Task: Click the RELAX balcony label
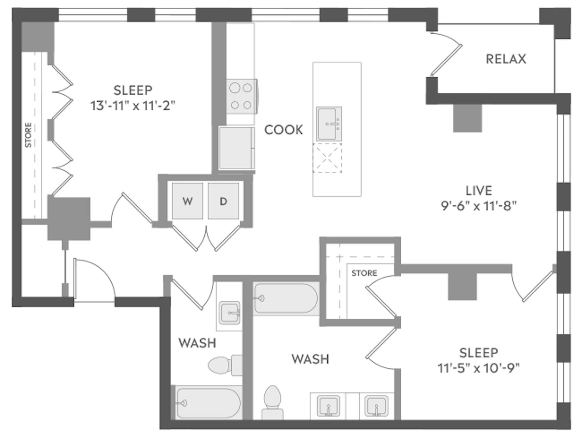(506, 59)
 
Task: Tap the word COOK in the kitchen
(283, 130)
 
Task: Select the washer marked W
(187, 201)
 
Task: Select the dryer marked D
(223, 201)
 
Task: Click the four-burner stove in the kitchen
(241, 96)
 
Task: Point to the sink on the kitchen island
(329, 123)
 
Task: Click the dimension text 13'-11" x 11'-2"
(133, 106)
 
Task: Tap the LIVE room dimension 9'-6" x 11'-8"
(478, 206)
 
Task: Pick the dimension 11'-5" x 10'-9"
(478, 368)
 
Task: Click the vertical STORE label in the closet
(28, 135)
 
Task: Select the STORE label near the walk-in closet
(364, 273)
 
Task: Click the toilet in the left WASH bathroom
(224, 365)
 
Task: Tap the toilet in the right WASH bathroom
(273, 402)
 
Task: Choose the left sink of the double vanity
(328, 405)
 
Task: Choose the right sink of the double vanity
(376, 405)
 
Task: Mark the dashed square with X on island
(327, 158)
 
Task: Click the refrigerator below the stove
(237, 148)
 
